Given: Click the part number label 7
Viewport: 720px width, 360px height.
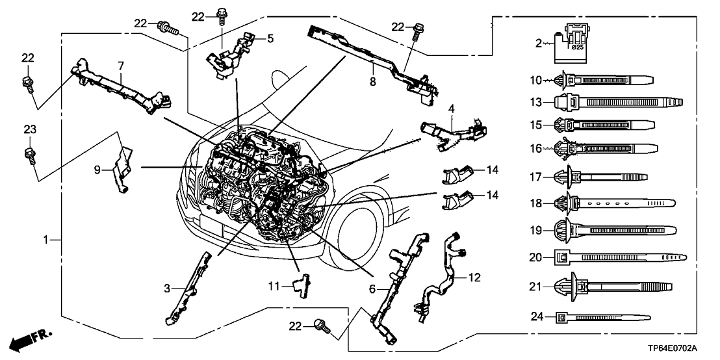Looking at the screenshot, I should [120, 66].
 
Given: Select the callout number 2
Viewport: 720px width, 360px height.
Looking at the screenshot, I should [539, 44].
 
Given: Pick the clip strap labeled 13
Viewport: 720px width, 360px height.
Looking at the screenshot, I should [617, 103].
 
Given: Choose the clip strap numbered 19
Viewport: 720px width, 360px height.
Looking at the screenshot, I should [614, 229].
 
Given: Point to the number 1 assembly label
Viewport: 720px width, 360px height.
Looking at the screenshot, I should [46, 240].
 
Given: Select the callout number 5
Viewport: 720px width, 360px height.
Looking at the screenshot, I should [270, 38].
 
